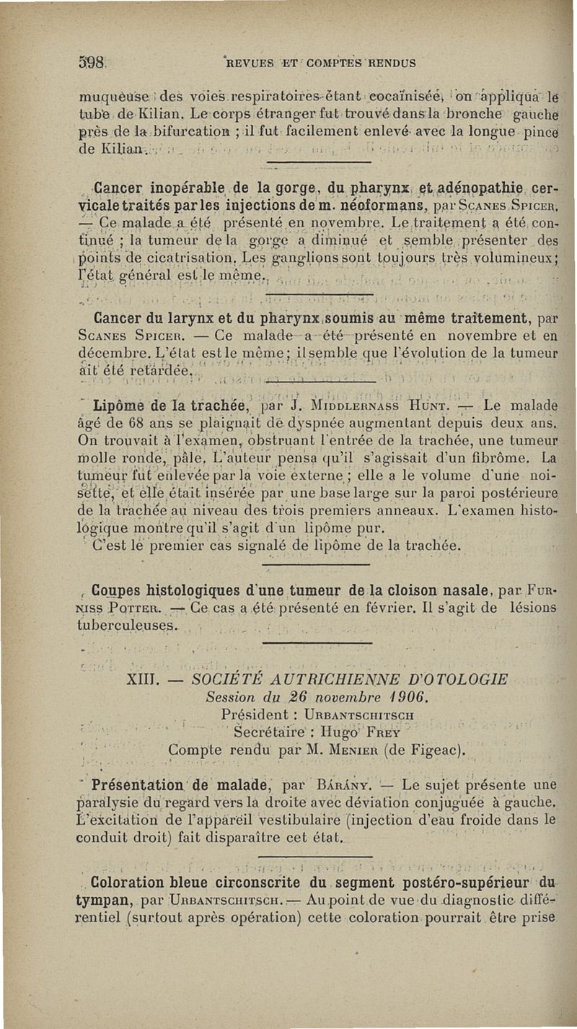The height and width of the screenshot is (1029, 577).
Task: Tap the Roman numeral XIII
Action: click(143, 680)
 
